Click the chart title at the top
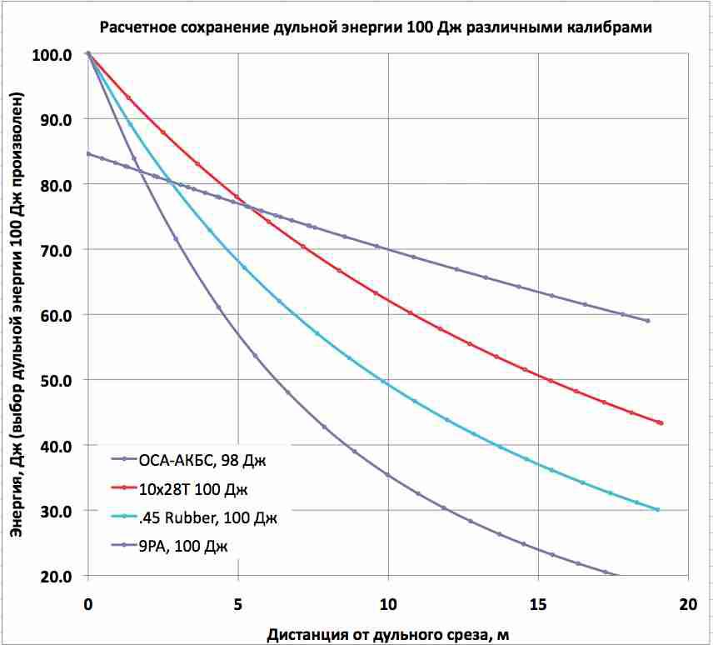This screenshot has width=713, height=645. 375,27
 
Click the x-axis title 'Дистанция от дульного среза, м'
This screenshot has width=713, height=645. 387,635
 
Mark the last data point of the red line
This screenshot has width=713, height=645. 661,423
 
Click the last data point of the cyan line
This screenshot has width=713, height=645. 657,509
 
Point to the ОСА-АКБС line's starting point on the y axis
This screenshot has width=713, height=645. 88,153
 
